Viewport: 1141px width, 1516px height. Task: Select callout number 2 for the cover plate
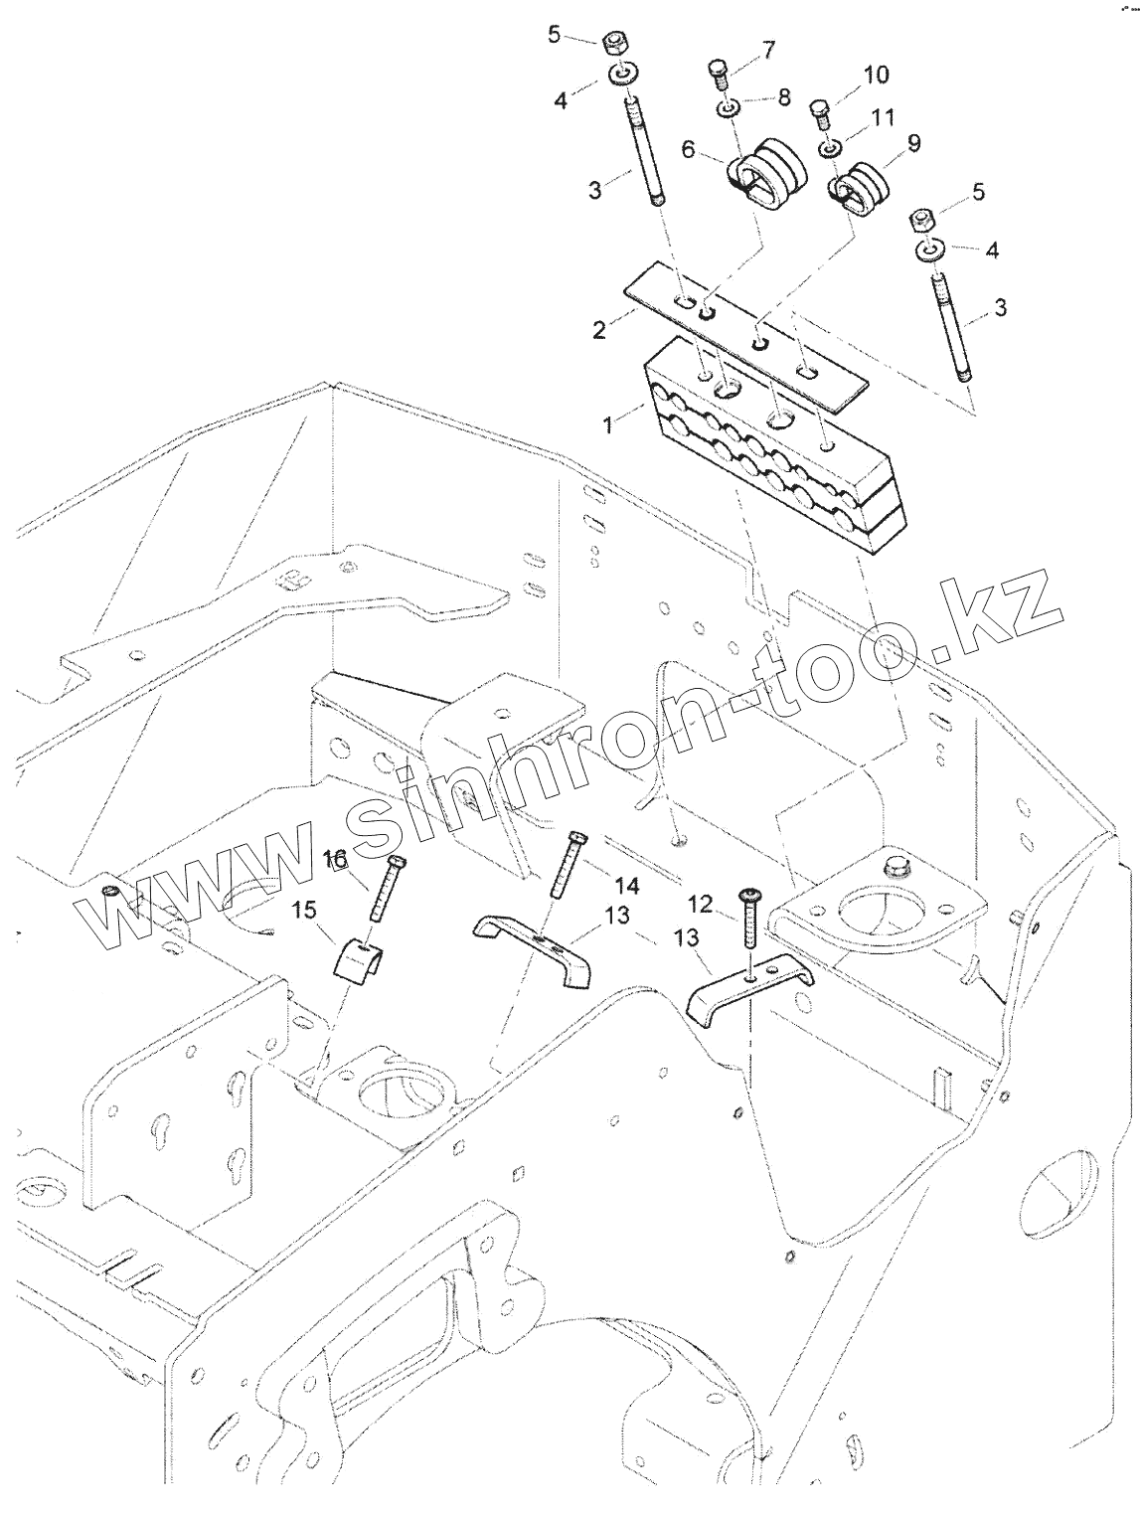pyautogui.click(x=599, y=329)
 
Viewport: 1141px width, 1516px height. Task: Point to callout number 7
pyautogui.click(x=769, y=49)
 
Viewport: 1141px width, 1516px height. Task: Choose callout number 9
pyautogui.click(x=913, y=143)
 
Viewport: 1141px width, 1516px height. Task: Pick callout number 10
pyautogui.click(x=876, y=75)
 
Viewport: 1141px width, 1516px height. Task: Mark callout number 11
pyautogui.click(x=883, y=118)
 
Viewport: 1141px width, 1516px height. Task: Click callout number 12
pyautogui.click(x=700, y=903)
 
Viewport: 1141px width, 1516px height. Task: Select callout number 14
pyautogui.click(x=626, y=885)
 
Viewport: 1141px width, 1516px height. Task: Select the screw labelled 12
pyautogui.click(x=749, y=916)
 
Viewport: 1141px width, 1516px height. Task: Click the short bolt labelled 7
pyautogui.click(x=720, y=75)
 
